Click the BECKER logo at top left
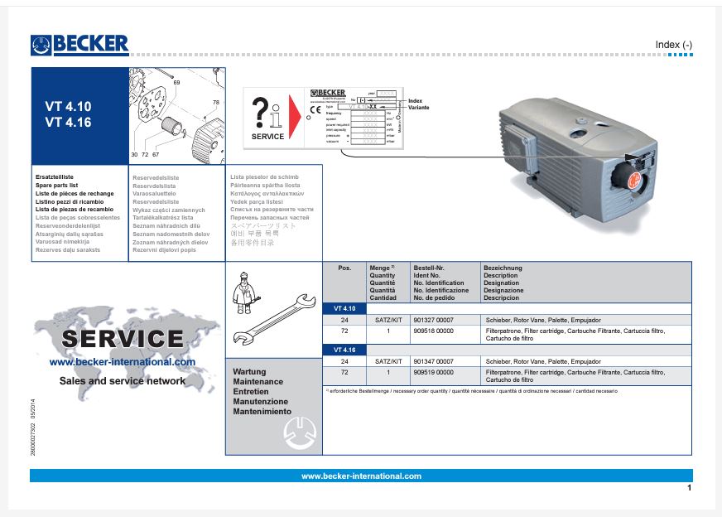pos(79,44)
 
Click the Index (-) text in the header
pos(673,45)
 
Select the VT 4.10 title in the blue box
pos(68,107)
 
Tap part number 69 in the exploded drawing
pos(176,82)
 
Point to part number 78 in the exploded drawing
pos(216,102)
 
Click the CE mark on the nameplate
pos(315,109)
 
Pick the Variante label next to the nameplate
pos(420,108)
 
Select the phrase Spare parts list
pos(55,185)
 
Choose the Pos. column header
pos(344,268)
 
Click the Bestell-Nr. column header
pos(429,268)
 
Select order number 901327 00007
pos(433,319)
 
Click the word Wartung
pos(250,372)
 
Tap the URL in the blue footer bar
pos(361,476)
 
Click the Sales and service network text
pos(123,381)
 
